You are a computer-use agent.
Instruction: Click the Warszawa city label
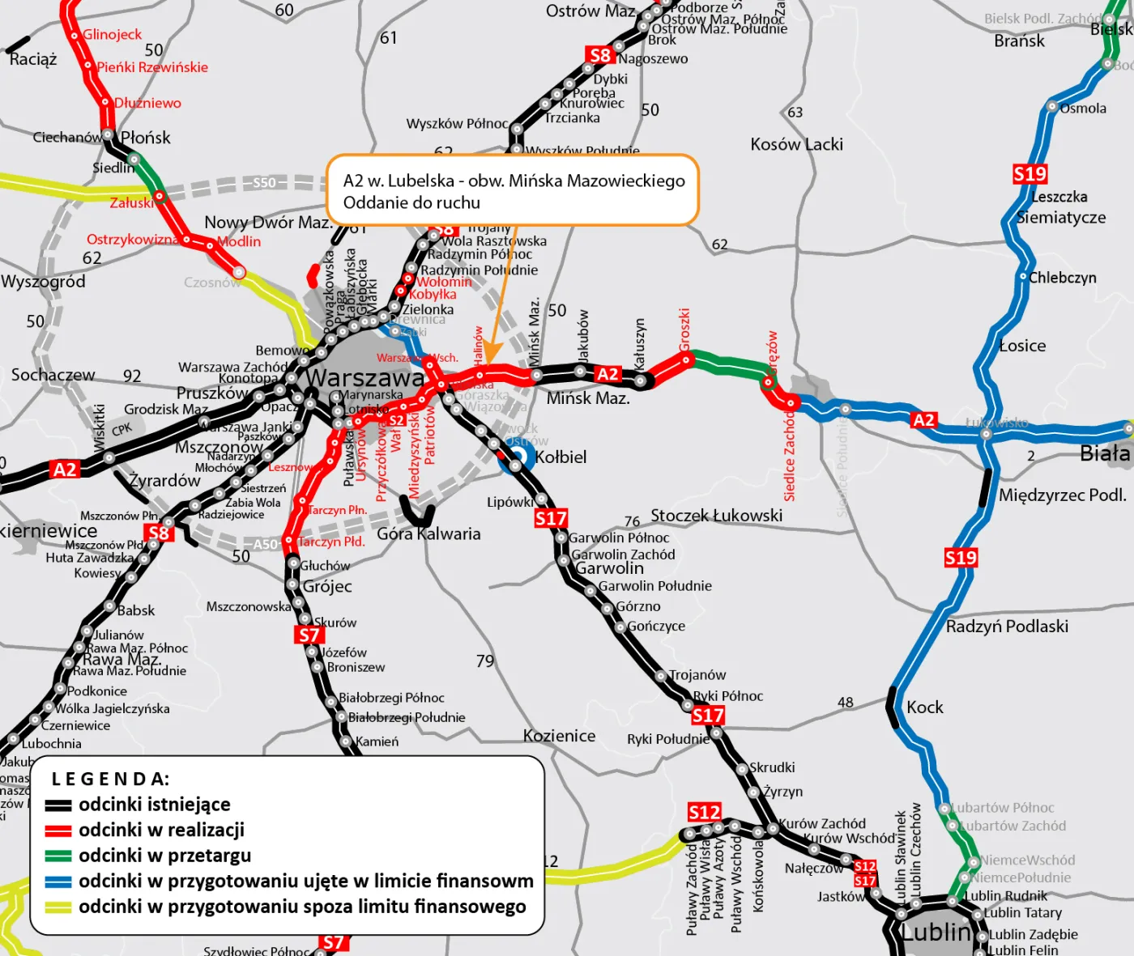click(x=364, y=378)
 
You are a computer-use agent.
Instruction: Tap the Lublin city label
click(x=936, y=933)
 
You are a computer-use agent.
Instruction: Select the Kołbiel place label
click(x=561, y=457)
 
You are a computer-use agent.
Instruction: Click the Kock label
click(x=925, y=707)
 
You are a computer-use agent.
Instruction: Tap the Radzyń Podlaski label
click(x=1007, y=627)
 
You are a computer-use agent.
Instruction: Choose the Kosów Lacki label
click(x=796, y=145)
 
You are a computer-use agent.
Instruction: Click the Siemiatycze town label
click(x=1061, y=218)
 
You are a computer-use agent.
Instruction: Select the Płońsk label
click(x=146, y=138)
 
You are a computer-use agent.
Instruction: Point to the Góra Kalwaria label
click(x=428, y=534)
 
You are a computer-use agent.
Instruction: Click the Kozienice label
click(x=559, y=736)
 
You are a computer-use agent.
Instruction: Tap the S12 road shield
click(x=704, y=812)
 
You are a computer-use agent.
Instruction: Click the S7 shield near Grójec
click(x=309, y=635)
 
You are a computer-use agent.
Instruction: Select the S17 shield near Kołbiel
click(x=551, y=519)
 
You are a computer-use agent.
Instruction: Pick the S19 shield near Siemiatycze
click(x=1030, y=174)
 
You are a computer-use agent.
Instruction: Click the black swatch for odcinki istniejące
click(x=58, y=805)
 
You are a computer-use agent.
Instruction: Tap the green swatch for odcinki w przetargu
click(x=58, y=856)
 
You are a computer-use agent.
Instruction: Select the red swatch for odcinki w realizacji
click(x=58, y=831)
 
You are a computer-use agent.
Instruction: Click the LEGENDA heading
click(x=110, y=780)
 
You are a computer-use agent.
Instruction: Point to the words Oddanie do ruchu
click(x=411, y=203)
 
